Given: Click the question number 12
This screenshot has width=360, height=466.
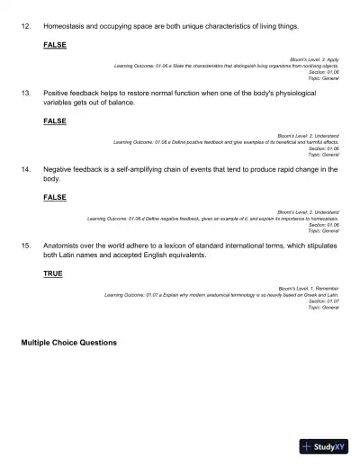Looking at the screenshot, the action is pyautogui.click(x=25, y=27).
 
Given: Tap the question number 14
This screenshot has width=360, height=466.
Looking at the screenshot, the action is pyautogui.click(x=25, y=169).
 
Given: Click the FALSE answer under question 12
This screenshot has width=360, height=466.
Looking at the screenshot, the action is pyautogui.click(x=54, y=44).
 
